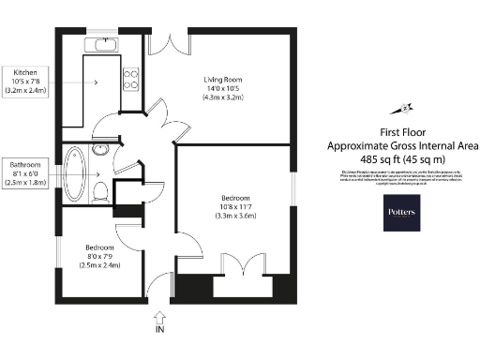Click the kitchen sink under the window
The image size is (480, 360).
point(100,44)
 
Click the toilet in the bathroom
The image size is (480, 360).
point(101,191)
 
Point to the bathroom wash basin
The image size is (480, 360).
point(104,150)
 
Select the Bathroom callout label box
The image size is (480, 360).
point(23,173)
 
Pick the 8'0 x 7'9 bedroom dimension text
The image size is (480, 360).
point(103,257)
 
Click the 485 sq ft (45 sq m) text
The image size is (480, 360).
point(401,159)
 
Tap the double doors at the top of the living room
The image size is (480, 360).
point(170,43)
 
